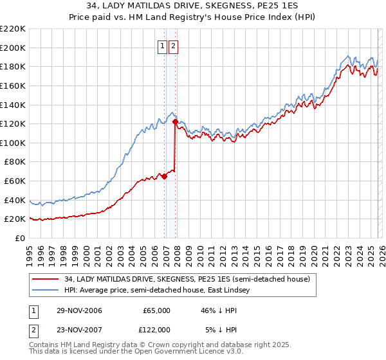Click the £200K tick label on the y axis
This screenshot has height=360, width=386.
(13, 48)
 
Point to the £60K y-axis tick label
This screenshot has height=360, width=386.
(15, 181)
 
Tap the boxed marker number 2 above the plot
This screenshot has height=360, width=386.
(174, 46)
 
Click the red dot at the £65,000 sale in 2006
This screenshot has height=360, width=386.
(164, 176)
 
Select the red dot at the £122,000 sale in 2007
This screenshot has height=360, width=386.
(176, 122)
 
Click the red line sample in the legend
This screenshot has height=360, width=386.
(46, 279)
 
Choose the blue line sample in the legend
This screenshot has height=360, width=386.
(46, 291)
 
